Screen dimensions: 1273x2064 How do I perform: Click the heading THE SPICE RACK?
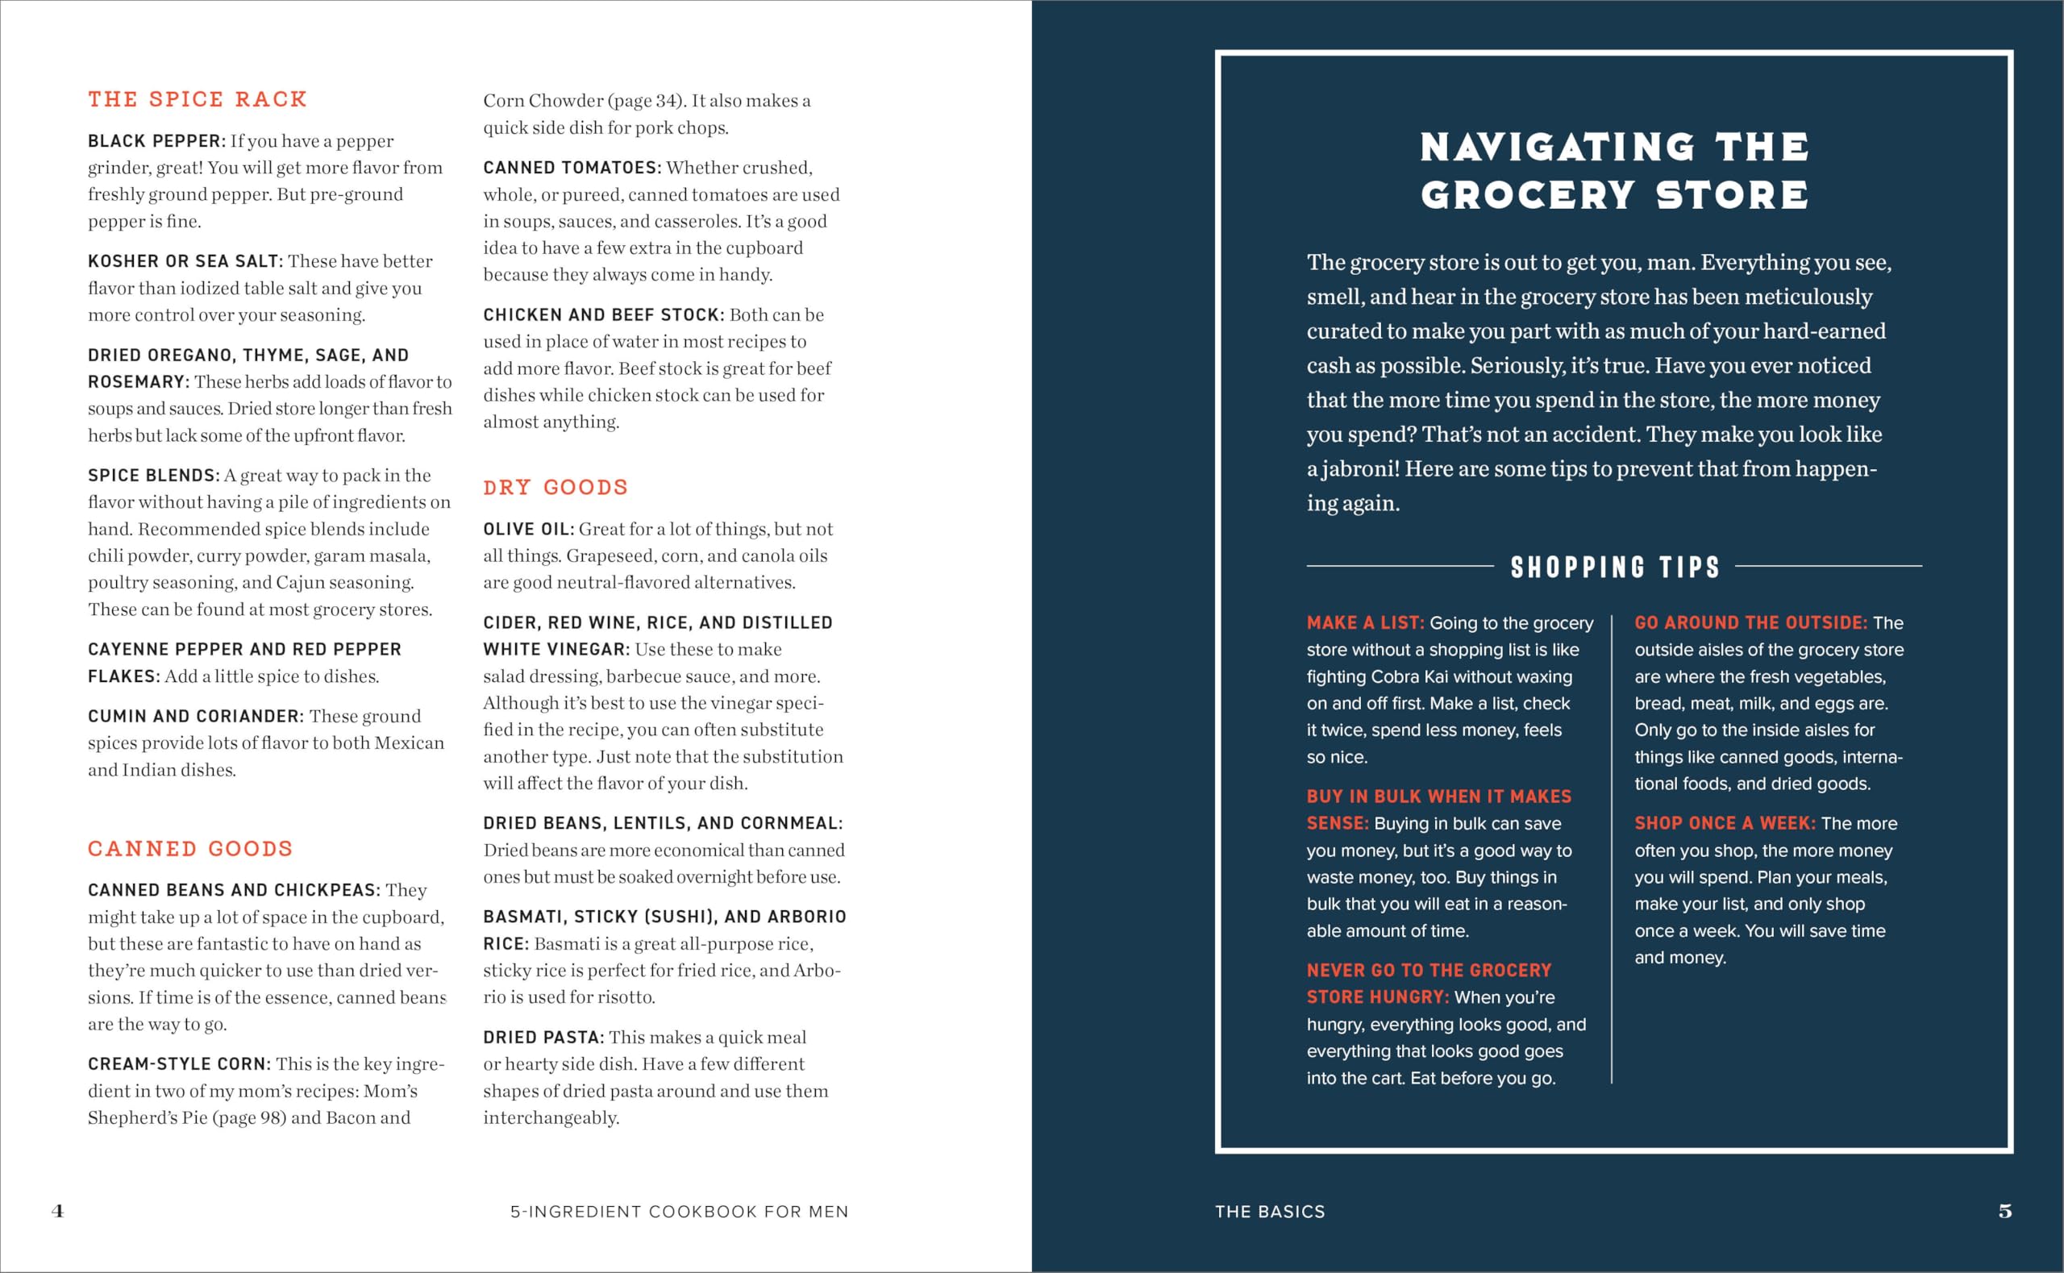click(197, 99)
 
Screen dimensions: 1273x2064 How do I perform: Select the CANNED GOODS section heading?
click(190, 849)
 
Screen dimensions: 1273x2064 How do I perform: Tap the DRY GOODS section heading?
click(556, 488)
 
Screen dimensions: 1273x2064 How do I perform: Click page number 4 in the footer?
click(57, 1211)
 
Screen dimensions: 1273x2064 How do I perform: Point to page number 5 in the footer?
click(2005, 1211)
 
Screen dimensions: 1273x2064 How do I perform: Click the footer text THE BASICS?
click(1269, 1212)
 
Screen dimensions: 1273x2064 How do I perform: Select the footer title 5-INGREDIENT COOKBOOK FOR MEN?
click(680, 1212)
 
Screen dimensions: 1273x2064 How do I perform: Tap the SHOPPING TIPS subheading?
click(1614, 568)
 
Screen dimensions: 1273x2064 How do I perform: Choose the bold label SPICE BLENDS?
click(153, 476)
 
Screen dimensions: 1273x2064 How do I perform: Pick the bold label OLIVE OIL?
click(529, 530)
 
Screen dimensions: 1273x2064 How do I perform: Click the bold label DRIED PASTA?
click(543, 1038)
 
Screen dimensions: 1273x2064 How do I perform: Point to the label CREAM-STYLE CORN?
click(179, 1064)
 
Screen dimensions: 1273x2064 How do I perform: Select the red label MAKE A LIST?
click(1364, 623)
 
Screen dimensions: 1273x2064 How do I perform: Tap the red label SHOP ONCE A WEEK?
click(1725, 823)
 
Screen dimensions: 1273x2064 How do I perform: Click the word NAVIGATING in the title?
click(1557, 148)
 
